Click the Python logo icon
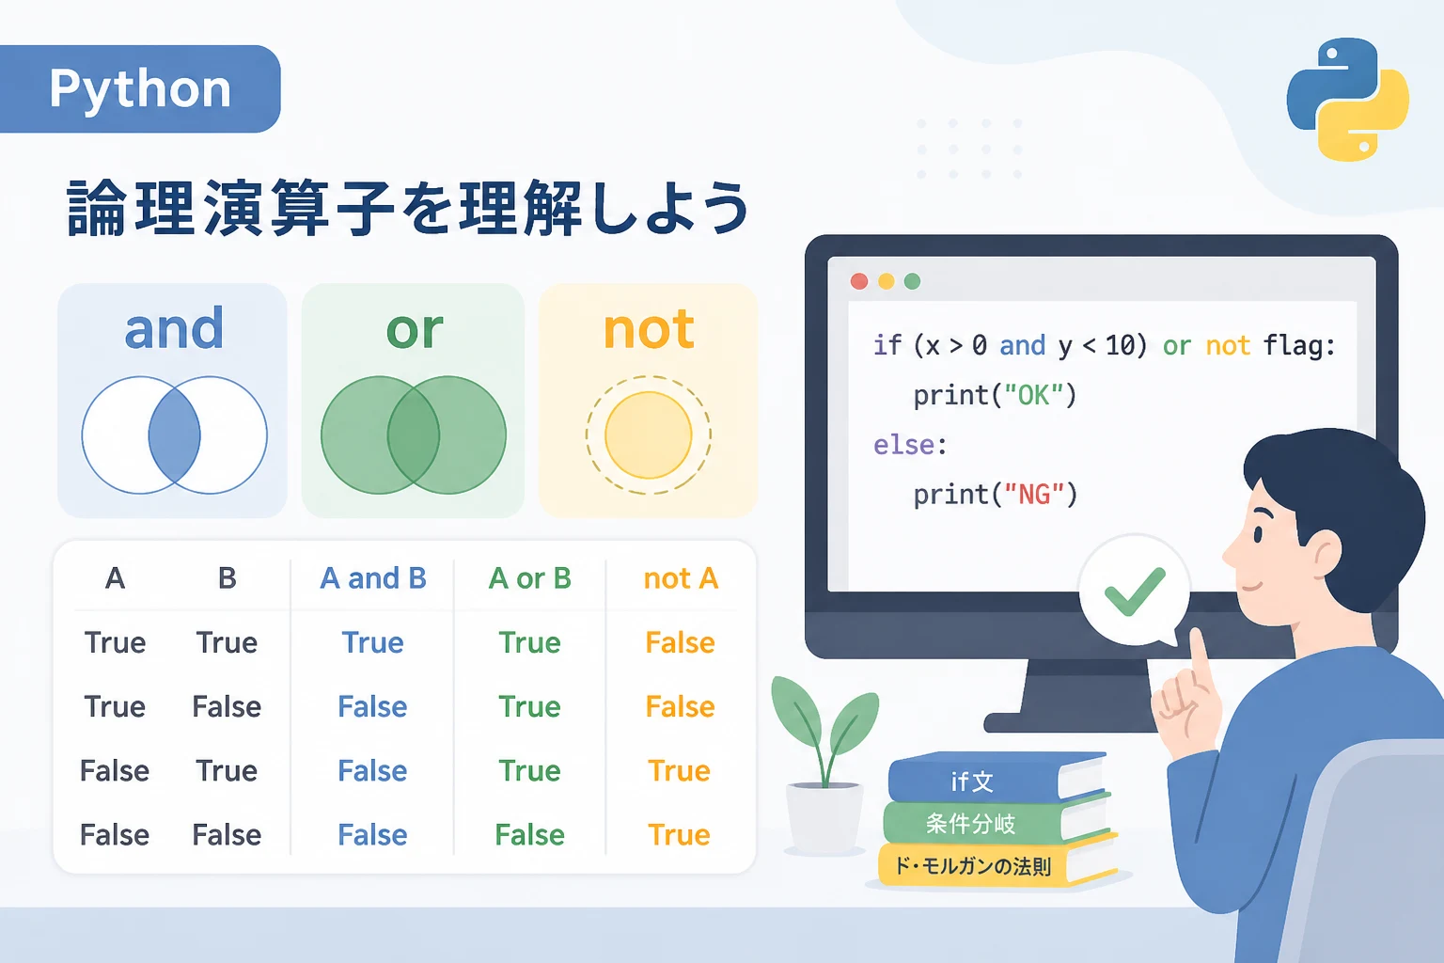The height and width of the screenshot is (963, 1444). pyautogui.click(x=1347, y=100)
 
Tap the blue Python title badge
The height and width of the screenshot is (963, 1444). pyautogui.click(x=140, y=89)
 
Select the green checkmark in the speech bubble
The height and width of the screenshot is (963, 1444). pyautogui.click(x=1135, y=592)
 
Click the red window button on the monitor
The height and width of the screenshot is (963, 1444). pyautogui.click(x=858, y=281)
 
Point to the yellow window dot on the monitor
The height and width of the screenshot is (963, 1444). pyautogui.click(x=887, y=281)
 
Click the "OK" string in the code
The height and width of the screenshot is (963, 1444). pyautogui.click(x=1034, y=395)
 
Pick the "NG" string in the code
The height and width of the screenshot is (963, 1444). pyautogui.click(x=1034, y=495)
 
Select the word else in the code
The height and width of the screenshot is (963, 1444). pyautogui.click(x=903, y=445)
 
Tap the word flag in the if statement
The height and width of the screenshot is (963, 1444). pyautogui.click(x=1291, y=345)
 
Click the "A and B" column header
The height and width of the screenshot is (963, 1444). pyautogui.click(x=373, y=578)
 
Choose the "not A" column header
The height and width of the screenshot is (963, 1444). pyautogui.click(x=681, y=578)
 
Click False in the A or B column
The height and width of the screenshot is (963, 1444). pyautogui.click(x=530, y=835)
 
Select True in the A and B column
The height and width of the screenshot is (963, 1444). pyautogui.click(x=372, y=642)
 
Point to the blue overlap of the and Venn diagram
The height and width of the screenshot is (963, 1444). pyautogui.click(x=174, y=435)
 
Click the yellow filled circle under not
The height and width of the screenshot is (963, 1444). pyautogui.click(x=649, y=435)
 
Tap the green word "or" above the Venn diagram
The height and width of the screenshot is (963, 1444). pyautogui.click(x=415, y=331)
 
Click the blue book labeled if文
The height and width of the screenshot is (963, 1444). pyautogui.click(x=996, y=780)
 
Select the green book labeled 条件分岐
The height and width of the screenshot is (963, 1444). pyautogui.click(x=996, y=822)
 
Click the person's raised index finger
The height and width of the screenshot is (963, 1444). pyautogui.click(x=1201, y=658)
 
